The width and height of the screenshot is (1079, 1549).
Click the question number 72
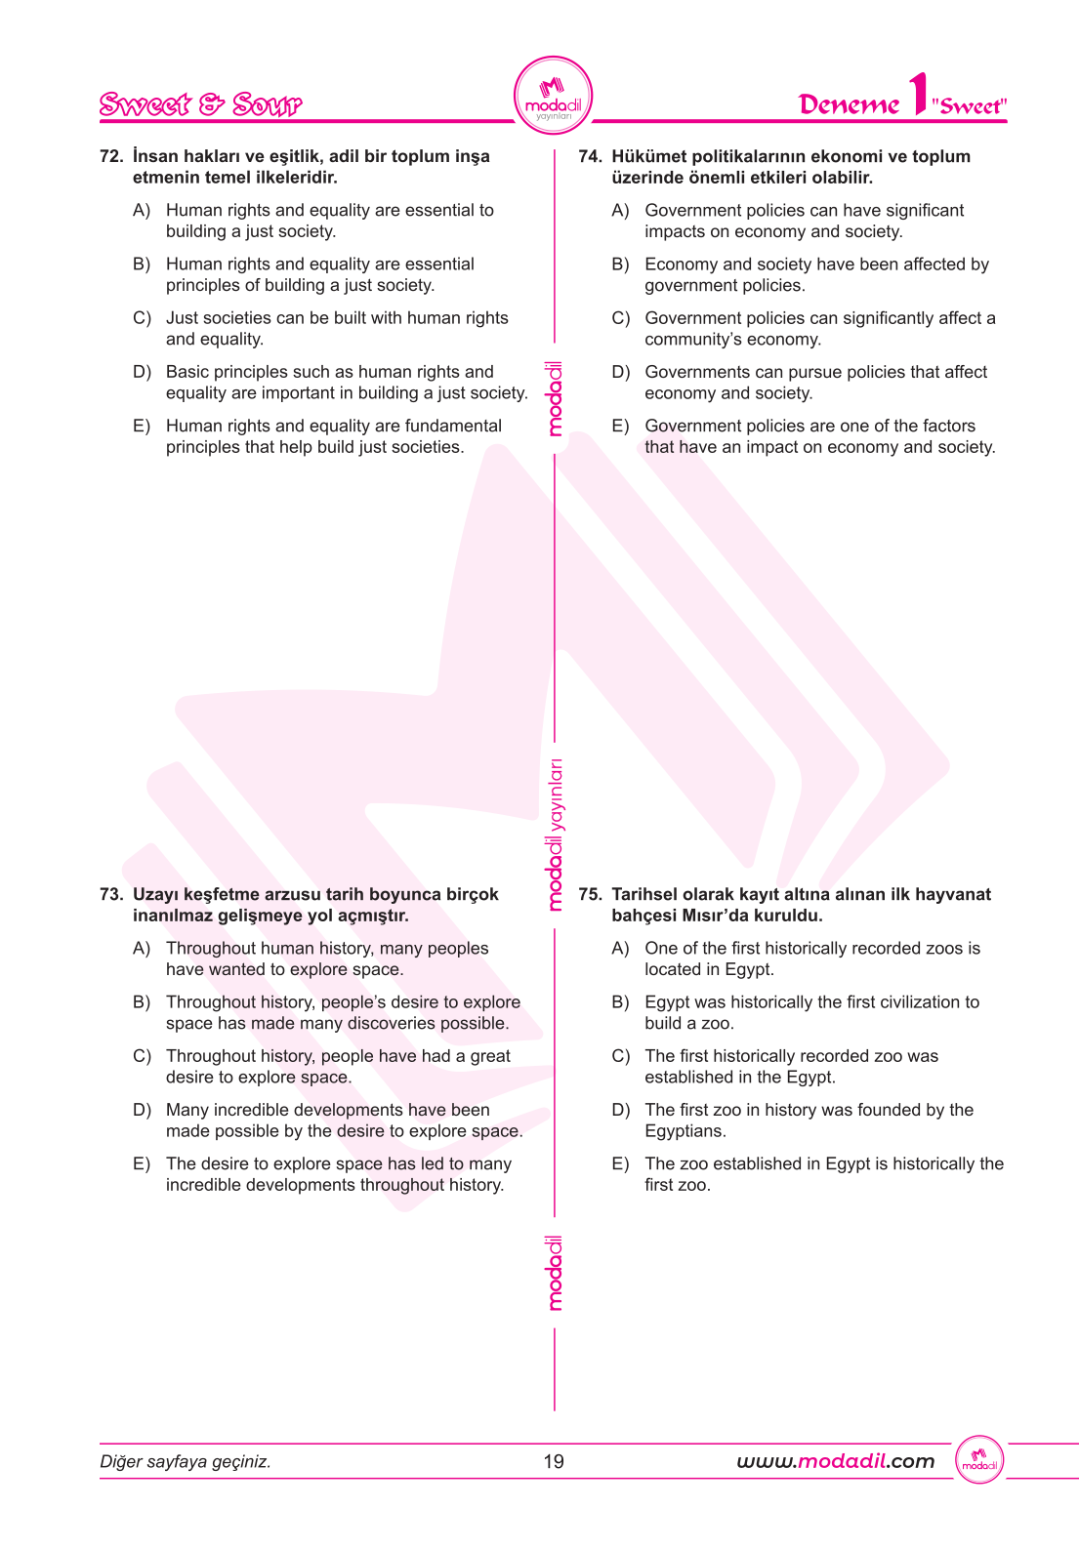[x=110, y=156]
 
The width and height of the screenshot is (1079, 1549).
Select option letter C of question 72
[x=142, y=318]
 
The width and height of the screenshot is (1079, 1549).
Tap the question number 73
[x=110, y=894]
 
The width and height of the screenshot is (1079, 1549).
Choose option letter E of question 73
[x=142, y=1163]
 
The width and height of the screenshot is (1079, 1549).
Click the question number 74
[x=590, y=156]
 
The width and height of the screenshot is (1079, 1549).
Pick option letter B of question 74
[x=620, y=265]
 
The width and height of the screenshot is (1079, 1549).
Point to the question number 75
[x=590, y=894]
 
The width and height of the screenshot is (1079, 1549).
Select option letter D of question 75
[x=620, y=1110]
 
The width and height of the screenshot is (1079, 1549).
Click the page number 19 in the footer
[x=554, y=1461]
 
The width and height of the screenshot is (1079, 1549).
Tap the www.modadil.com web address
[x=835, y=1461]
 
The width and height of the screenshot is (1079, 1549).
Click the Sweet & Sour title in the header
[x=200, y=104]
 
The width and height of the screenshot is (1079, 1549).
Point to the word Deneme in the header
[x=849, y=104]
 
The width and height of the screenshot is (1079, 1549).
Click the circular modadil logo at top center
[x=553, y=96]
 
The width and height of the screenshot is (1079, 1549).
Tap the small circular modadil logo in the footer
[x=979, y=1460]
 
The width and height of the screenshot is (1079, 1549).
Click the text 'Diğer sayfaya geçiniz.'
[x=186, y=1461]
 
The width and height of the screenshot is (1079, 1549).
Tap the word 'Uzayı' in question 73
[x=155, y=894]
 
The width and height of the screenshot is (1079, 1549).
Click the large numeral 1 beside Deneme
[x=917, y=95]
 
